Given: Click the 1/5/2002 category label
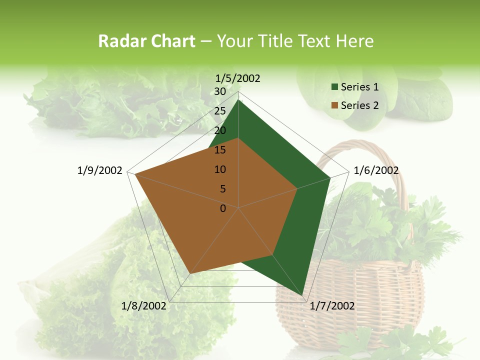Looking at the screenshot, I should pyautogui.click(x=238, y=78).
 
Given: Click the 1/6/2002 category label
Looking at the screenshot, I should pyautogui.click(x=376, y=170).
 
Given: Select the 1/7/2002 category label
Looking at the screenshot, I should pyautogui.click(x=332, y=306).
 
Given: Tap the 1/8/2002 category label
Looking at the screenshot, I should pyautogui.click(x=144, y=306).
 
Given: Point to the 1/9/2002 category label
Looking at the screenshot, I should pyautogui.click(x=100, y=170).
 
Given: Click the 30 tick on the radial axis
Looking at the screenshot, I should pyautogui.click(x=220, y=91).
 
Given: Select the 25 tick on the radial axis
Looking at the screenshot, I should pyautogui.click(x=220, y=111).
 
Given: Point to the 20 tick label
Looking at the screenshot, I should pyautogui.click(x=220, y=130).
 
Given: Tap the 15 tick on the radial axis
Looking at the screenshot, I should pyautogui.click(x=220, y=150).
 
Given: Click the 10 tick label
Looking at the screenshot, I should pyautogui.click(x=220, y=169).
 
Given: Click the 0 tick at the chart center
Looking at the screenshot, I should pyautogui.click(x=223, y=208).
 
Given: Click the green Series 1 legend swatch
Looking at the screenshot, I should pyautogui.click(x=334, y=87).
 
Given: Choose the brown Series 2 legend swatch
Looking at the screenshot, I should pyautogui.click(x=334, y=105).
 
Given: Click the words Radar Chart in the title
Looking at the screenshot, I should pyautogui.click(x=146, y=41).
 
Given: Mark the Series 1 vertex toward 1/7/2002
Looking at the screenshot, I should pyautogui.click(x=302, y=295).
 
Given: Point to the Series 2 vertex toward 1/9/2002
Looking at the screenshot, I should pyautogui.click(x=134, y=174).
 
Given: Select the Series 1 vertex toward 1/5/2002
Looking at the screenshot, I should pyautogui.click(x=238, y=100).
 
